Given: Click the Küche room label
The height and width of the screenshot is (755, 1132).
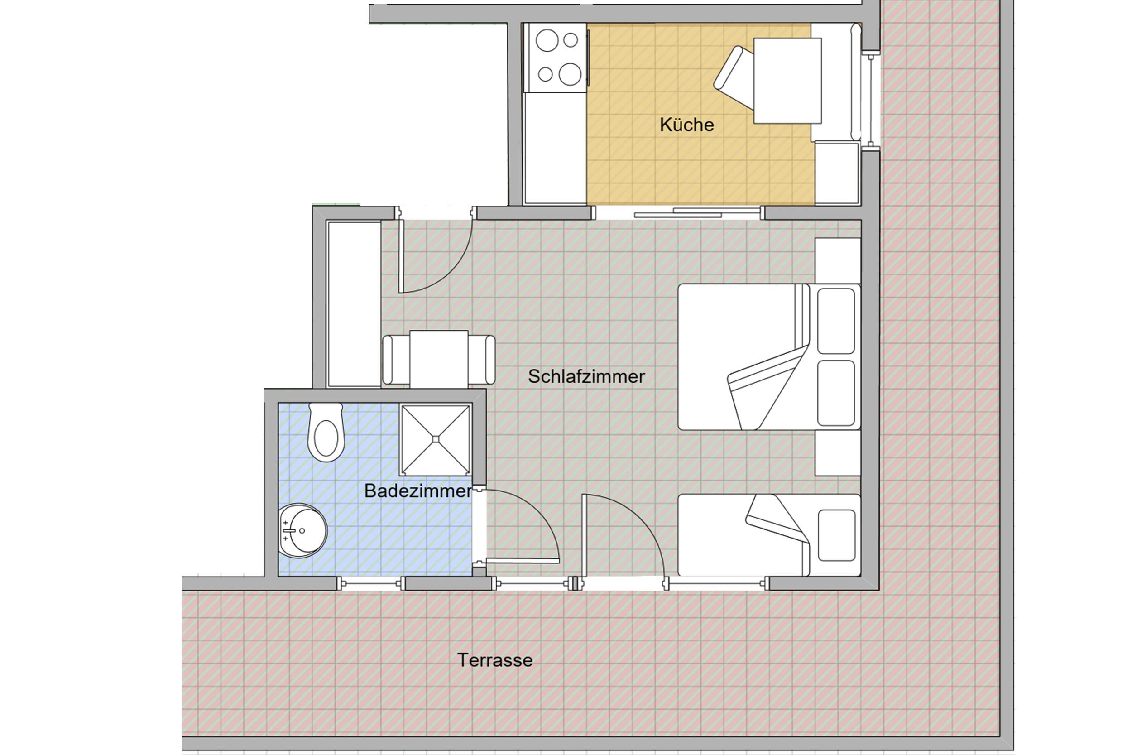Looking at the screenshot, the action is click(x=686, y=125).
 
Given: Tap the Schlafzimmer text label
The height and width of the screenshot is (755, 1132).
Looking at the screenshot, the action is click(x=586, y=376).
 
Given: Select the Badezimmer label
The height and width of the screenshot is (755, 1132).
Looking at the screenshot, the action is click(x=418, y=491).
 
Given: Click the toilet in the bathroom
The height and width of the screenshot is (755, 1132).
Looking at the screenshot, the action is click(x=326, y=432).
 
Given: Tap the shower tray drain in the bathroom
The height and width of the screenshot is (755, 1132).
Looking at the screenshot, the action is click(x=436, y=439).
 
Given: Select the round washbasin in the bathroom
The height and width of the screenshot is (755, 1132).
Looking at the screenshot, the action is click(x=303, y=531).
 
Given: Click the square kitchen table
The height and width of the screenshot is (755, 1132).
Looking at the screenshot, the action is click(x=787, y=81).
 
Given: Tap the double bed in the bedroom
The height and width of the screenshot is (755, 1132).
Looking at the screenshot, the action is click(x=768, y=357).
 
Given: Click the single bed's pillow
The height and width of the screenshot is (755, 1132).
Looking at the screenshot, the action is click(x=836, y=535).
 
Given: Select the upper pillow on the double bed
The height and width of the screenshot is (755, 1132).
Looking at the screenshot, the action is click(x=836, y=321).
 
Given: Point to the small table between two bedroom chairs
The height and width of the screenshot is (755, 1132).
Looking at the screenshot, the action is click(x=438, y=359).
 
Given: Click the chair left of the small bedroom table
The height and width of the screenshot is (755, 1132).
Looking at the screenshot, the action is click(x=396, y=360).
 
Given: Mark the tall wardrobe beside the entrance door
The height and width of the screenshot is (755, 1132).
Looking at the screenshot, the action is click(x=354, y=304).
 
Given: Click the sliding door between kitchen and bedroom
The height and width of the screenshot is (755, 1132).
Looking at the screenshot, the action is click(x=698, y=212).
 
